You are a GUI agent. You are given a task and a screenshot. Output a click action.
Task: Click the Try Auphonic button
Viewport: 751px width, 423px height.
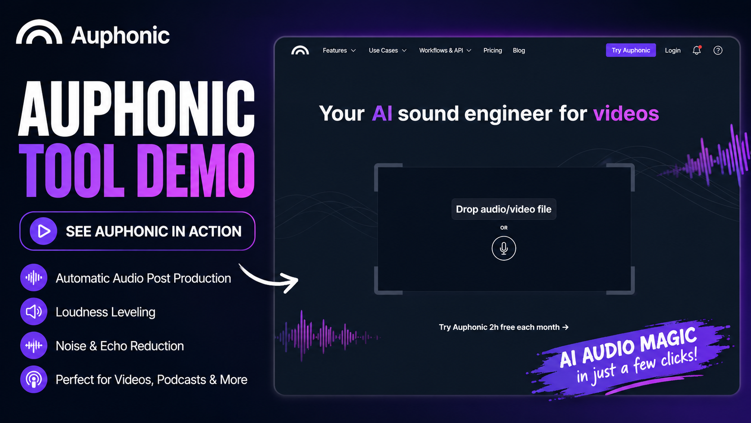[x=631, y=50]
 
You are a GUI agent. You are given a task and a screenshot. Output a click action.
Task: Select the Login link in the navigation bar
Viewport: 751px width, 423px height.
[x=672, y=50]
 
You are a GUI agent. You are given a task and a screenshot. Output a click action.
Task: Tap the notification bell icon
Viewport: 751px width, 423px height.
[x=697, y=50]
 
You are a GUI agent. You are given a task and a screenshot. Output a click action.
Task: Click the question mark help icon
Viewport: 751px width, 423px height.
[x=718, y=50]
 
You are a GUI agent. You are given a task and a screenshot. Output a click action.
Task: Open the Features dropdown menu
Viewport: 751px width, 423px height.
[x=339, y=50]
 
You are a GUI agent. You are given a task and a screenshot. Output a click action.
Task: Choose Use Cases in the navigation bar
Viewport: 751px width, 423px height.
[x=388, y=50]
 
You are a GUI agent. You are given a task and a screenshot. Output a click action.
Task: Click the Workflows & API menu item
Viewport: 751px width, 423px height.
[x=445, y=50]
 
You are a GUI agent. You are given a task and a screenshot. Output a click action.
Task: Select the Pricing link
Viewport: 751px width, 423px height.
[x=493, y=50]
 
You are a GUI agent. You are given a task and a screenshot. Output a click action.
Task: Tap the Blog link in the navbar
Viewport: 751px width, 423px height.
[x=519, y=50]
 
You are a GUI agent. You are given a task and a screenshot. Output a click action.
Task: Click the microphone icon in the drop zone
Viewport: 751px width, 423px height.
[x=504, y=248]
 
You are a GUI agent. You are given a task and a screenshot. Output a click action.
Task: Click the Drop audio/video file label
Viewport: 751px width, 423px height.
[x=504, y=209]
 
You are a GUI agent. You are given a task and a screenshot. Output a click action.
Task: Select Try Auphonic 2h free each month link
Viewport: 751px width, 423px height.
[x=504, y=327]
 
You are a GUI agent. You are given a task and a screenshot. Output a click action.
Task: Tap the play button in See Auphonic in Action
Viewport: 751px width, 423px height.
[x=43, y=231]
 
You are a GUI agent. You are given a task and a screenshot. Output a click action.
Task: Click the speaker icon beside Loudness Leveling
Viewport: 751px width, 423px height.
[x=34, y=312]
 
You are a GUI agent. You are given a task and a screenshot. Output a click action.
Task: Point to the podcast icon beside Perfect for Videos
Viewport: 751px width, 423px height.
[x=34, y=379]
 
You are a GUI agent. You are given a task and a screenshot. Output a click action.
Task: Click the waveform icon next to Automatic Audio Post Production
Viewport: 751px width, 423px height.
[x=34, y=277]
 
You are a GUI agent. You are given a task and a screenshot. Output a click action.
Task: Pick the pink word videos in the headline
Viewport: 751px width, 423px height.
[x=626, y=113]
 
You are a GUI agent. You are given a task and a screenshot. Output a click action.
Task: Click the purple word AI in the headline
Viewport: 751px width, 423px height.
[x=382, y=113]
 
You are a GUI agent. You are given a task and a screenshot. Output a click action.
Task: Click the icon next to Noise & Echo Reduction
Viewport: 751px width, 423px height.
[x=34, y=346]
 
